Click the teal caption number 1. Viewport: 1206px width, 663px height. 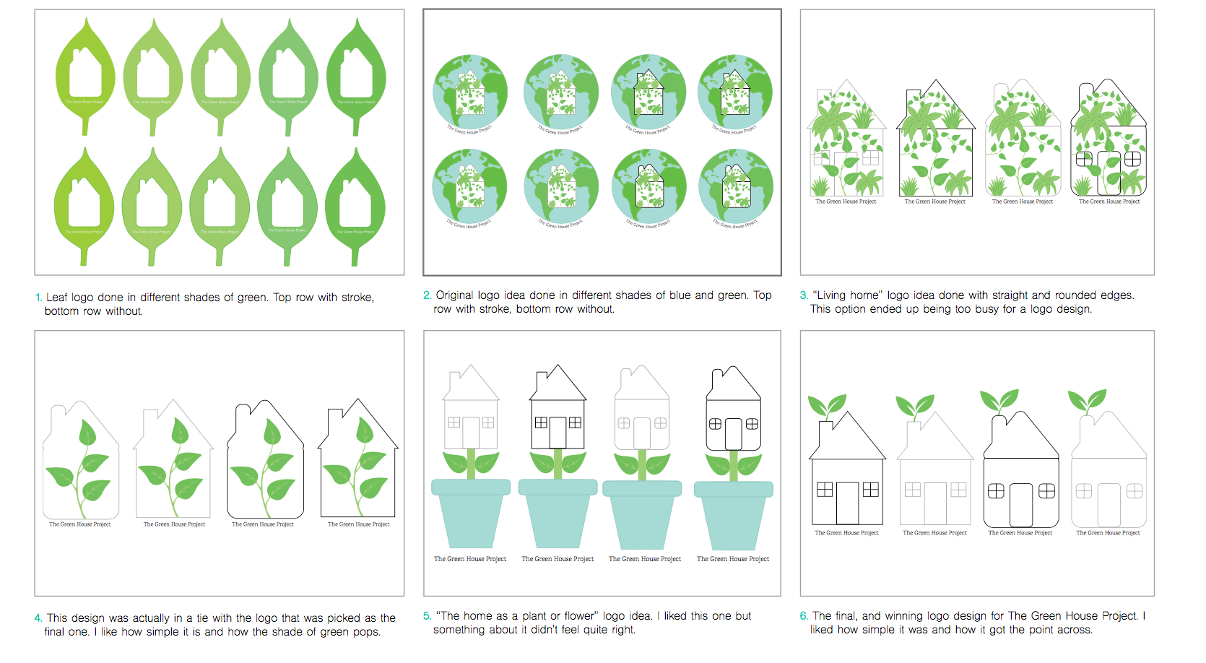[38, 298]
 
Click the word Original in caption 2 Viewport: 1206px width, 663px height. [455, 295]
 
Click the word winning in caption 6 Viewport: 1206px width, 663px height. [903, 616]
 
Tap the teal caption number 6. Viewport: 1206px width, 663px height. [804, 616]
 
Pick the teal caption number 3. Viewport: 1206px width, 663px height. [804, 295]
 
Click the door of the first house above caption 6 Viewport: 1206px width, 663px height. [847, 503]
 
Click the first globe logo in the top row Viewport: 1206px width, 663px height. [470, 92]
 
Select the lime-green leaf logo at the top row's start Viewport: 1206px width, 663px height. [85, 77]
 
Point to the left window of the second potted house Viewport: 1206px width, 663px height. [541, 422]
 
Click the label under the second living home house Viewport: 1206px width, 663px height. [934, 201]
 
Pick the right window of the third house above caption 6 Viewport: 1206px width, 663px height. [1046, 491]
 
